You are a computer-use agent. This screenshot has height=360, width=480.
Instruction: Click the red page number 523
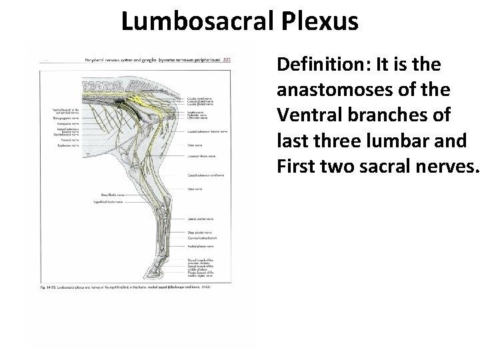226,60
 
